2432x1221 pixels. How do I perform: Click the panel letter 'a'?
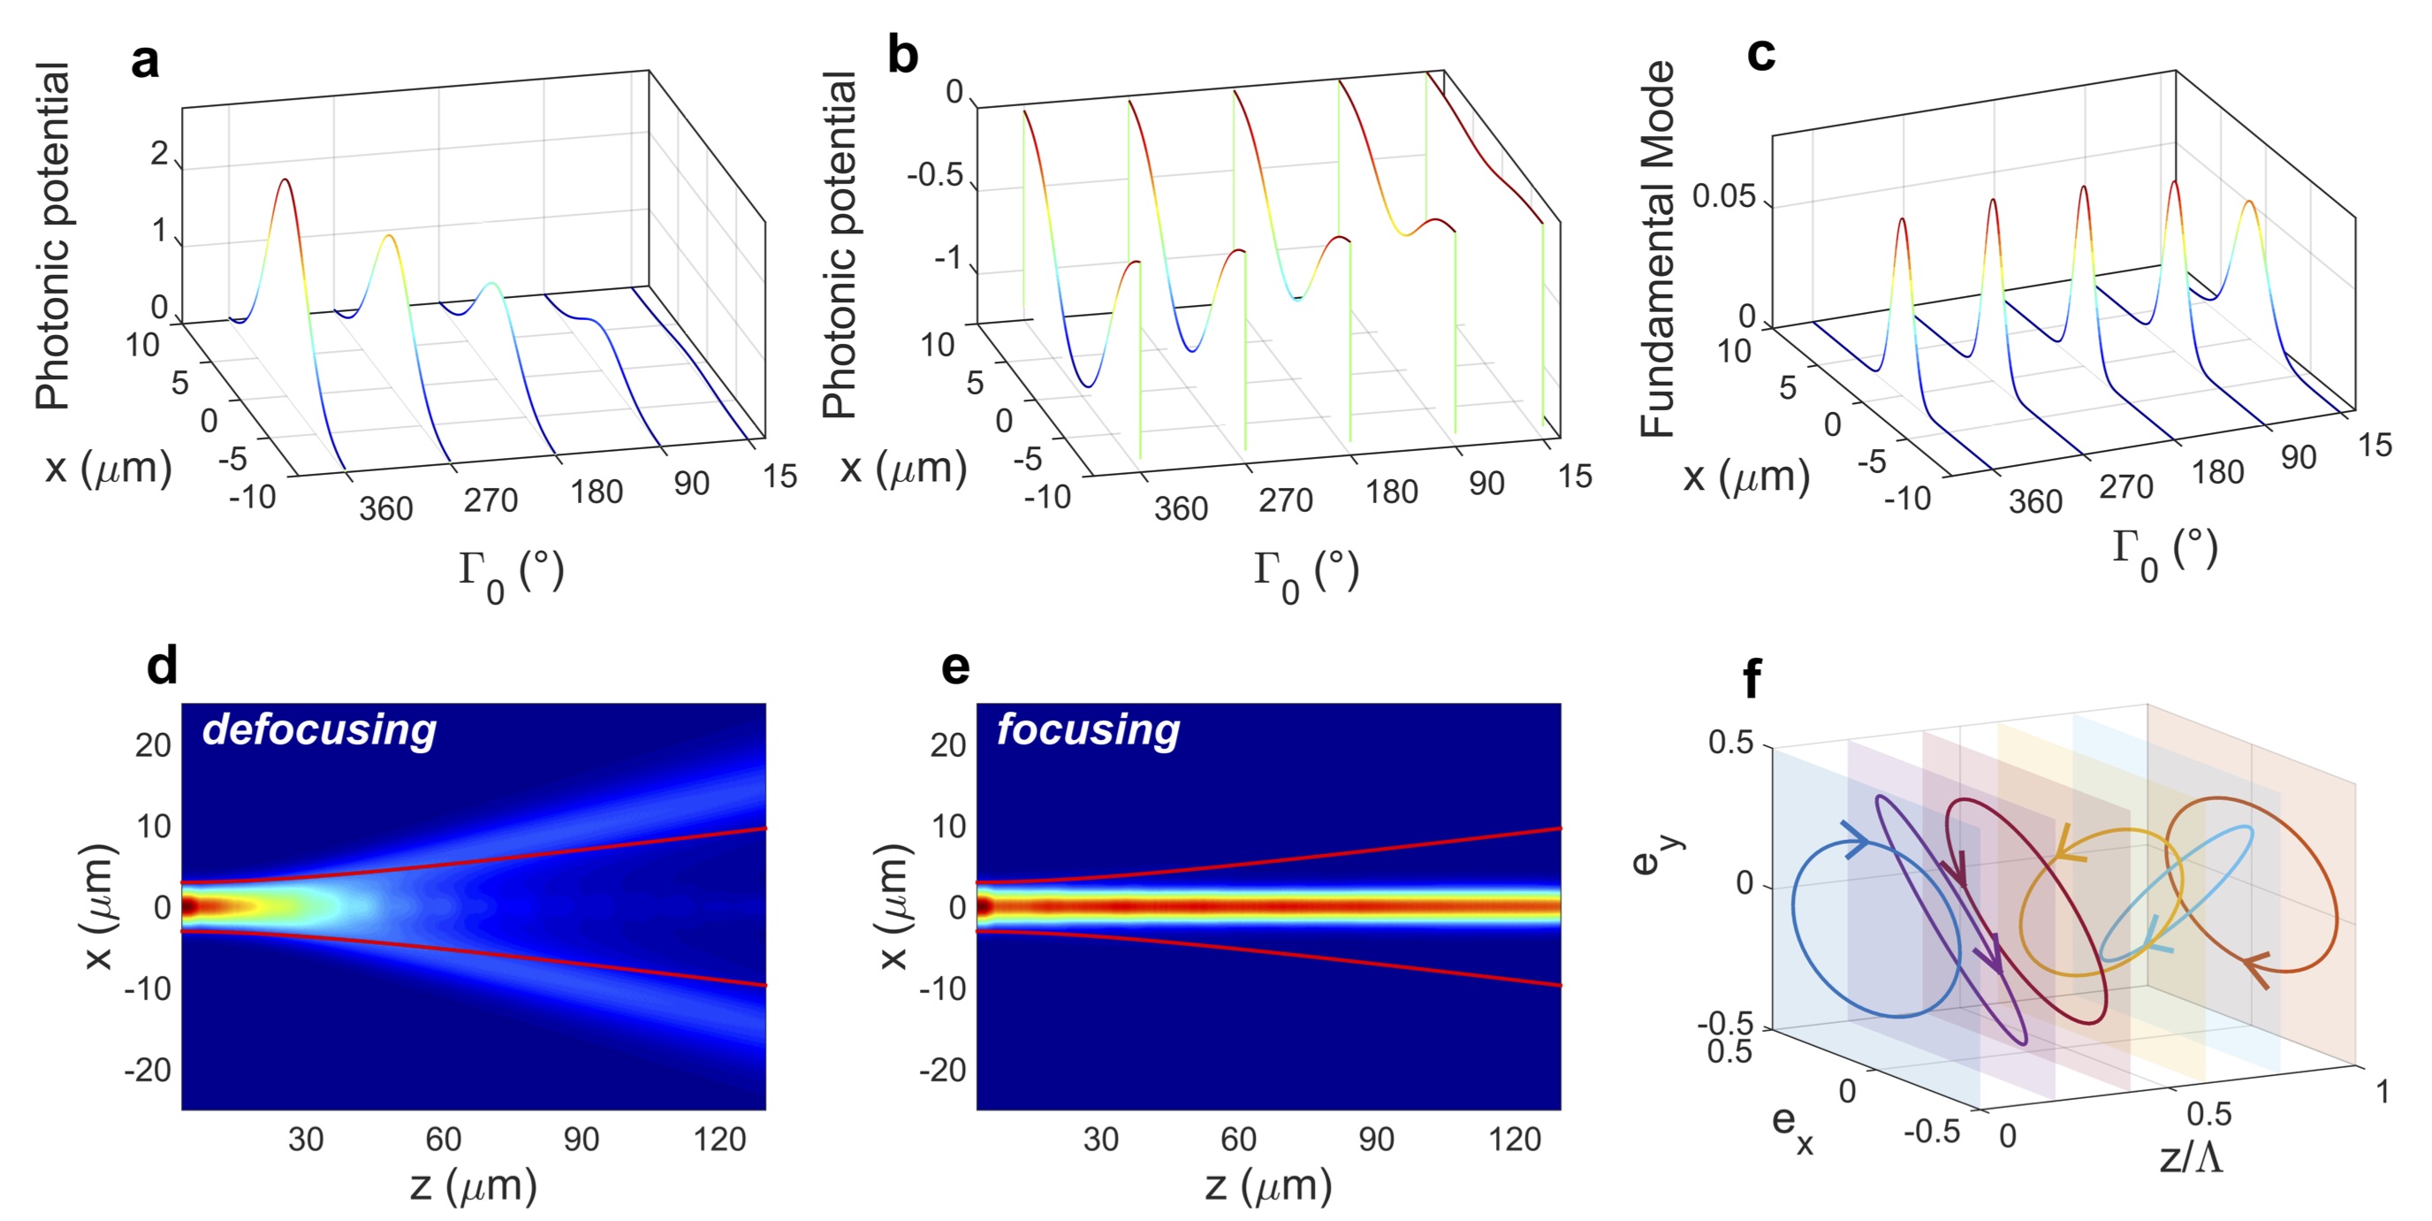144,61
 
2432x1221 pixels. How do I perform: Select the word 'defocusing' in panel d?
319,730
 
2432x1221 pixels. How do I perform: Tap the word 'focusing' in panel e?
1088,730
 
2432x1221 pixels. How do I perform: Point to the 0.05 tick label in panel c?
1723,196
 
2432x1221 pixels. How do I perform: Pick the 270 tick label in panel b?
1285,500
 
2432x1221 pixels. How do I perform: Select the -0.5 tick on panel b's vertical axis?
935,176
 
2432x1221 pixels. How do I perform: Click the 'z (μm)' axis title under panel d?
473,1186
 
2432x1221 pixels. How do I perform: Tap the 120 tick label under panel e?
1514,1140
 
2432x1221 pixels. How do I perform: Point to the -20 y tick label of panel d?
148,1070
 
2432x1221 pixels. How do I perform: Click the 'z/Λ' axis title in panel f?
2191,1156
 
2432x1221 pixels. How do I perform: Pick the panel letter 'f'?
1752,679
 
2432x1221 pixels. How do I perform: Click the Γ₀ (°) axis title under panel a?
511,574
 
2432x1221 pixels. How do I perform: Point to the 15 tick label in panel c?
2375,445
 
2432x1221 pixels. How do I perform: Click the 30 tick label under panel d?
306,1140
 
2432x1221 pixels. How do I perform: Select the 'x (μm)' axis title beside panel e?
893,906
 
